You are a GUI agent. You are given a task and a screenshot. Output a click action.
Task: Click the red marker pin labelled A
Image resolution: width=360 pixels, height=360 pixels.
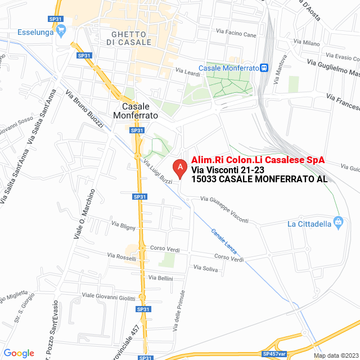(179, 168)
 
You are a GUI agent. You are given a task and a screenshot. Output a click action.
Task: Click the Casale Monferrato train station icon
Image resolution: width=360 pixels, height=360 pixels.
(264, 67)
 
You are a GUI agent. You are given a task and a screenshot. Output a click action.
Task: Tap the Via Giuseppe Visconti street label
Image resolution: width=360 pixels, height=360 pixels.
(224, 209)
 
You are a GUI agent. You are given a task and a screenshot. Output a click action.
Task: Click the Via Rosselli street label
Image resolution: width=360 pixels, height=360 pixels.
(121, 257)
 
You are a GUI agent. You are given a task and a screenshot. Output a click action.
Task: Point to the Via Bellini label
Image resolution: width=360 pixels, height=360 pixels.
(160, 278)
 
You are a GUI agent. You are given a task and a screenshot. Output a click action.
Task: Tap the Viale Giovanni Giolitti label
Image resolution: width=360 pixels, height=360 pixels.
(109, 296)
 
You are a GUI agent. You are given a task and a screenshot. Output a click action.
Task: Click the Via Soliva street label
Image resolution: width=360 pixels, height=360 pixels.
(205, 268)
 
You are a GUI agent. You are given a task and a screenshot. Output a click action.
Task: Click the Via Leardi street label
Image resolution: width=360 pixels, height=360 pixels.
(188, 72)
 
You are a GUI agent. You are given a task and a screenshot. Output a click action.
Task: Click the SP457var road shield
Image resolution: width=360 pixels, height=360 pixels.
(274, 354)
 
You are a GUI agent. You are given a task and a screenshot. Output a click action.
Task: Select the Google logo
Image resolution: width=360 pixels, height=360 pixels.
(19, 353)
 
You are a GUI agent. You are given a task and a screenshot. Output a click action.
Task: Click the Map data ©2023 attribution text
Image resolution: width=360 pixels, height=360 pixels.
(335, 355)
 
